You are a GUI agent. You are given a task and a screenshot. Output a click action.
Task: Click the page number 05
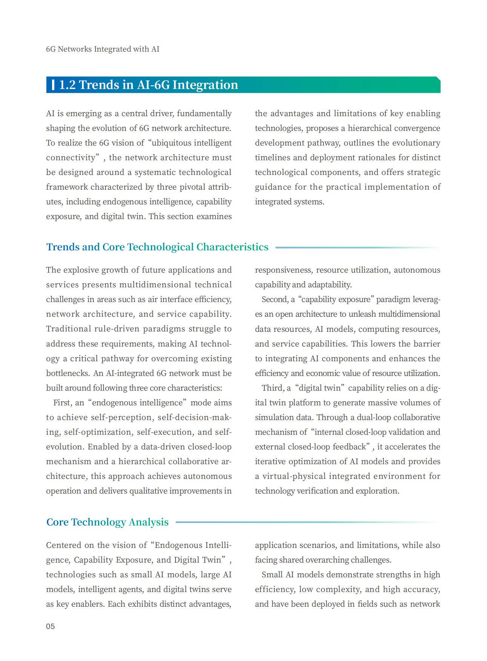click(x=50, y=626)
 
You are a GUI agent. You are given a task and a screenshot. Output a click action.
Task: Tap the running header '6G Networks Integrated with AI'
click(x=102, y=49)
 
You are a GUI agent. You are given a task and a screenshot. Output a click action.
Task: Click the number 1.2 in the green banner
click(x=68, y=85)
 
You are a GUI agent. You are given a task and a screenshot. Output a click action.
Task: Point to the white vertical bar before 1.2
click(x=53, y=85)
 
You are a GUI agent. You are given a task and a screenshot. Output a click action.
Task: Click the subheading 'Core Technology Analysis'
click(x=107, y=522)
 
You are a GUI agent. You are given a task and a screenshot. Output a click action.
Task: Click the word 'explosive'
click(x=80, y=270)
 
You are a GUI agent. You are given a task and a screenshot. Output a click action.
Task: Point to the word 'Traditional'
click(x=68, y=329)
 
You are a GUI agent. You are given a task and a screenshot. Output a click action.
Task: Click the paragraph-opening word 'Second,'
click(x=275, y=299)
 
